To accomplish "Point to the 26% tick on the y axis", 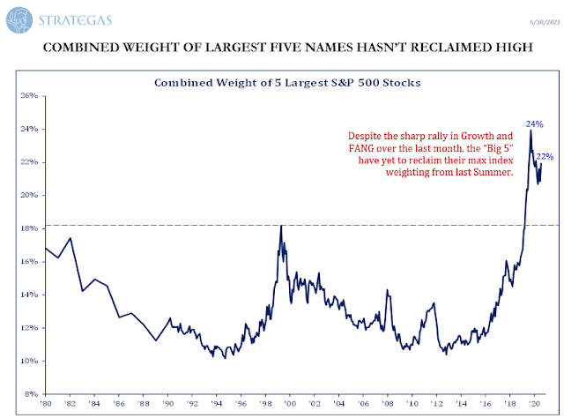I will pyautogui.click(x=30, y=95).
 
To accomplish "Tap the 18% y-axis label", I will pyautogui.click(x=30, y=228).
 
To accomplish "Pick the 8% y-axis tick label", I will pyautogui.click(x=32, y=394).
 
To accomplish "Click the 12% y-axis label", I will pyautogui.click(x=30, y=328).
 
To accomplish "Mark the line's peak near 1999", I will pyautogui.click(x=281, y=227).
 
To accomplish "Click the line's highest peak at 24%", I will pyautogui.click(x=530, y=131).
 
